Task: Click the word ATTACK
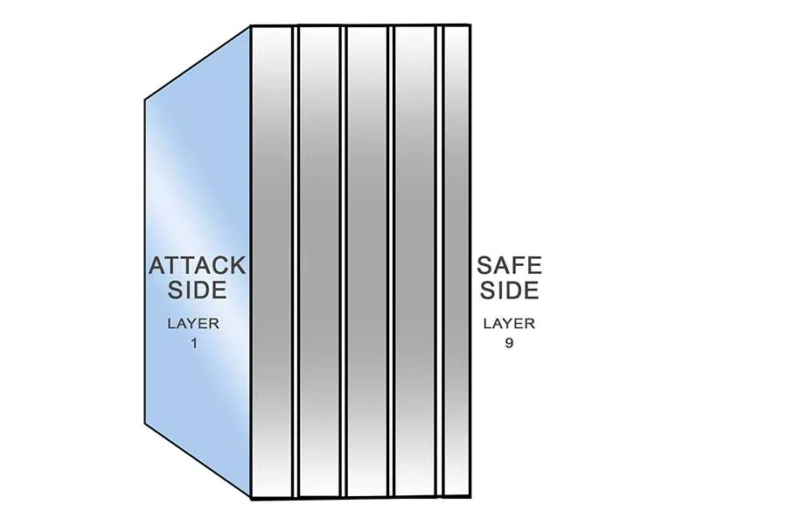198,265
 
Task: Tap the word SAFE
509,265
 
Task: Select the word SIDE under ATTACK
198,290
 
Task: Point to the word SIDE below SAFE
509,290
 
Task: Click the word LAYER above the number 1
193,324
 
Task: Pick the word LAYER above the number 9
509,324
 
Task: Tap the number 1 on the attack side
193,343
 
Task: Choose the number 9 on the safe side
509,343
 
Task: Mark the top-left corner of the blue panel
146,101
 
